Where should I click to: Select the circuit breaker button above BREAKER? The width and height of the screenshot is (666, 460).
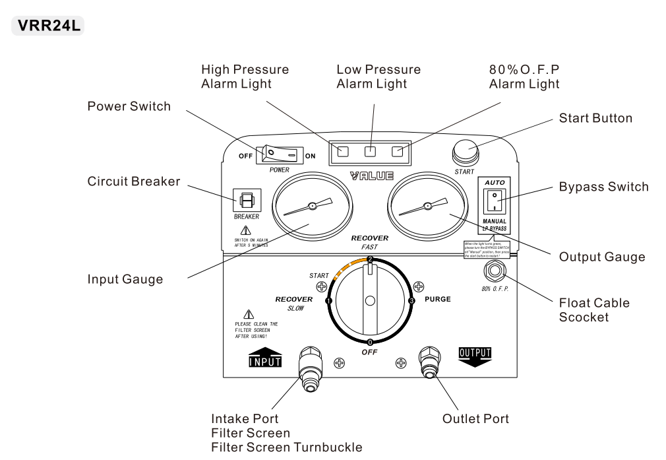pyautogui.click(x=247, y=201)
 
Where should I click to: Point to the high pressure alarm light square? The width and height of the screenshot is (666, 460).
pyautogui.click(x=343, y=152)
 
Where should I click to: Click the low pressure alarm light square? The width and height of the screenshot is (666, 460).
pyautogui.click(x=371, y=152)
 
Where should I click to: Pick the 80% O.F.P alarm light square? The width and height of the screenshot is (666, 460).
pyautogui.click(x=398, y=152)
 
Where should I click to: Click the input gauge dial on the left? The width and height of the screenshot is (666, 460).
pyautogui.click(x=312, y=207)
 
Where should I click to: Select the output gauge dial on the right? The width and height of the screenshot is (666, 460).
pyautogui.click(x=427, y=207)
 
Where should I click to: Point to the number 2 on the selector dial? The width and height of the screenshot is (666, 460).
pyautogui.click(x=370, y=259)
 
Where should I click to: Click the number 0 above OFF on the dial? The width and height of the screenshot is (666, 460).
pyautogui.click(x=370, y=342)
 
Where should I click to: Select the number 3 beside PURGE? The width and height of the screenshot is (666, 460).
pyautogui.click(x=411, y=301)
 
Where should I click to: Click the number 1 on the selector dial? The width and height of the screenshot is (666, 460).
pyautogui.click(x=328, y=301)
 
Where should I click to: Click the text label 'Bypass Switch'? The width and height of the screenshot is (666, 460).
pyautogui.click(x=603, y=187)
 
